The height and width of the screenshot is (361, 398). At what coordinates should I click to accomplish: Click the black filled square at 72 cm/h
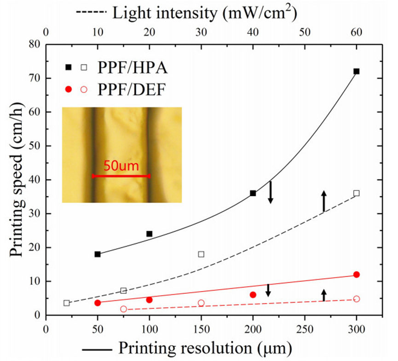click(356, 71)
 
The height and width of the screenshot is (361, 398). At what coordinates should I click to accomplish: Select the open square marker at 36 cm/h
click(356, 193)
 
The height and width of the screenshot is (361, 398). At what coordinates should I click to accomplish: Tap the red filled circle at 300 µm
click(356, 275)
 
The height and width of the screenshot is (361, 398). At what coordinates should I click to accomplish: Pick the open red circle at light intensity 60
click(356, 299)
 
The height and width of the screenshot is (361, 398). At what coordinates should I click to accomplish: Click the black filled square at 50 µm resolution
click(98, 254)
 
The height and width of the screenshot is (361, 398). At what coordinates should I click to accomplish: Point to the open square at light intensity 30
click(201, 254)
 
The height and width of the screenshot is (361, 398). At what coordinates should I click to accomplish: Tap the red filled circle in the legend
click(69, 89)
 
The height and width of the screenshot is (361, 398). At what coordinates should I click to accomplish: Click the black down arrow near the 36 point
click(271, 192)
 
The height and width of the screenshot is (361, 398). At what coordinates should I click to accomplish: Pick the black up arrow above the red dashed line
click(323, 294)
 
